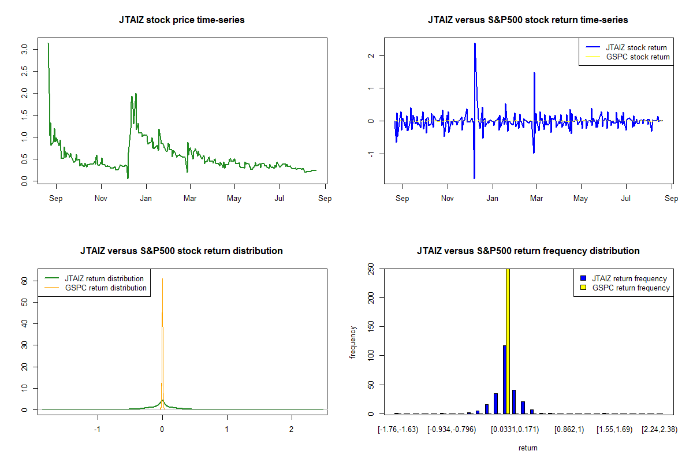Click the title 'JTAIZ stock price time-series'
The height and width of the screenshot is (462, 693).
[x=181, y=20]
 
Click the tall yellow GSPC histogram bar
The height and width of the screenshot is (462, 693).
[x=508, y=341]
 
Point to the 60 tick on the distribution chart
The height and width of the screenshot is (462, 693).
[x=25, y=281]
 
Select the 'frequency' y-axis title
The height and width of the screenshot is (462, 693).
[x=353, y=342]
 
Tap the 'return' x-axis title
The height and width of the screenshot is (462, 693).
[x=528, y=448]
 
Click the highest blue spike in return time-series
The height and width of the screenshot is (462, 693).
[x=475, y=44]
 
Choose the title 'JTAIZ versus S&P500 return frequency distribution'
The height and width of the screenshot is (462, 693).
[x=528, y=251]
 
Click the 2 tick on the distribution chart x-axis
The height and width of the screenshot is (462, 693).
[x=292, y=430]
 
